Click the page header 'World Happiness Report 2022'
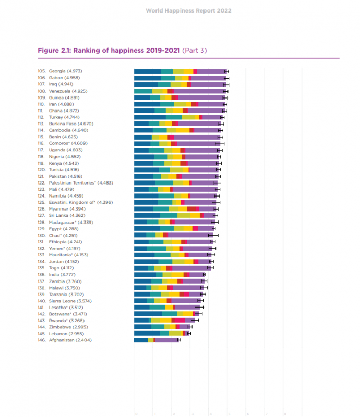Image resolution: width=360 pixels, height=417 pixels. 188,10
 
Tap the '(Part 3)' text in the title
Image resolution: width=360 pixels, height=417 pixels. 194,51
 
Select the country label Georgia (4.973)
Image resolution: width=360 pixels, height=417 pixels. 66,71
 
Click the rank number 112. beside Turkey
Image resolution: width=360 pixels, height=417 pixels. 41,117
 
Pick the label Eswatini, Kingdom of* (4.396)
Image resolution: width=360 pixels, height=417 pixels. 81,202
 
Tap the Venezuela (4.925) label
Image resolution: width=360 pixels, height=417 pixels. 69,91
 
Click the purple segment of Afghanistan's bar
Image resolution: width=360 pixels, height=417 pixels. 167,340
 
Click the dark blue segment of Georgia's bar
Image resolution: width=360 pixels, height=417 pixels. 148,71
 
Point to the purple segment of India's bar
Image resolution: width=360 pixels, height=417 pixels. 197,274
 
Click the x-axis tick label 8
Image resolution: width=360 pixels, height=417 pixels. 285,414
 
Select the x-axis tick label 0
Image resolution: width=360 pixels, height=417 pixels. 136,414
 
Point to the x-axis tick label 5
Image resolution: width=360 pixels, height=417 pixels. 230,414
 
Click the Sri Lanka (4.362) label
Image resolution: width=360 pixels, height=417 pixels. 67,215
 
